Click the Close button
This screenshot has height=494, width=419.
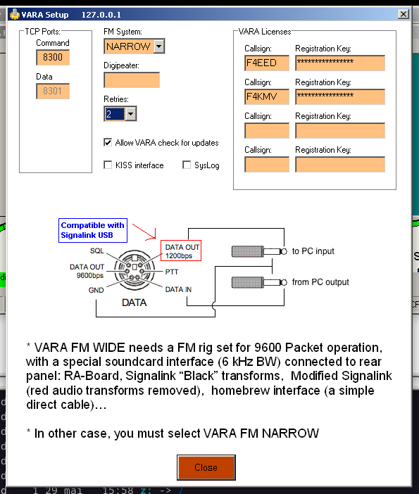tap(206, 467)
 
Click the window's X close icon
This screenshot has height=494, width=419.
tap(404, 14)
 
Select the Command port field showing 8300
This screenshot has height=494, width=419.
tap(53, 57)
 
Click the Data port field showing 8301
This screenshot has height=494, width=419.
tap(53, 91)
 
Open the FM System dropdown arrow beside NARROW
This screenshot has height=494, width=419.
tap(159, 46)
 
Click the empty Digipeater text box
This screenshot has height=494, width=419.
tap(132, 80)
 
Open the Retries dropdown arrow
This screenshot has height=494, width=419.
tap(130, 114)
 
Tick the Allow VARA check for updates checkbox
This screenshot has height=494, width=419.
tap(108, 142)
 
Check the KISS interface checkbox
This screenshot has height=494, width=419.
tap(108, 165)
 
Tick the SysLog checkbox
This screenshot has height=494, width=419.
tap(187, 165)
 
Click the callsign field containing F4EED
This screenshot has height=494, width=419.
tap(267, 63)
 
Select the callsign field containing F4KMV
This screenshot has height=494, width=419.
tap(267, 96)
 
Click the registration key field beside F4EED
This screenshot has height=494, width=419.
tap(340, 63)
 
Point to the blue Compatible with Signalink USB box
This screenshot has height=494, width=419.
tap(93, 230)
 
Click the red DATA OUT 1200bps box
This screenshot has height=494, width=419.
tap(181, 251)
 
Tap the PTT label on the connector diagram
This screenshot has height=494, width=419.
tap(172, 272)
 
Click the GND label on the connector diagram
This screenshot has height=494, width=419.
tap(96, 290)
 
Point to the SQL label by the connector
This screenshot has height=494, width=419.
tap(96, 251)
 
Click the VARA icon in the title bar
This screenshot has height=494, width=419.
tap(15, 15)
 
